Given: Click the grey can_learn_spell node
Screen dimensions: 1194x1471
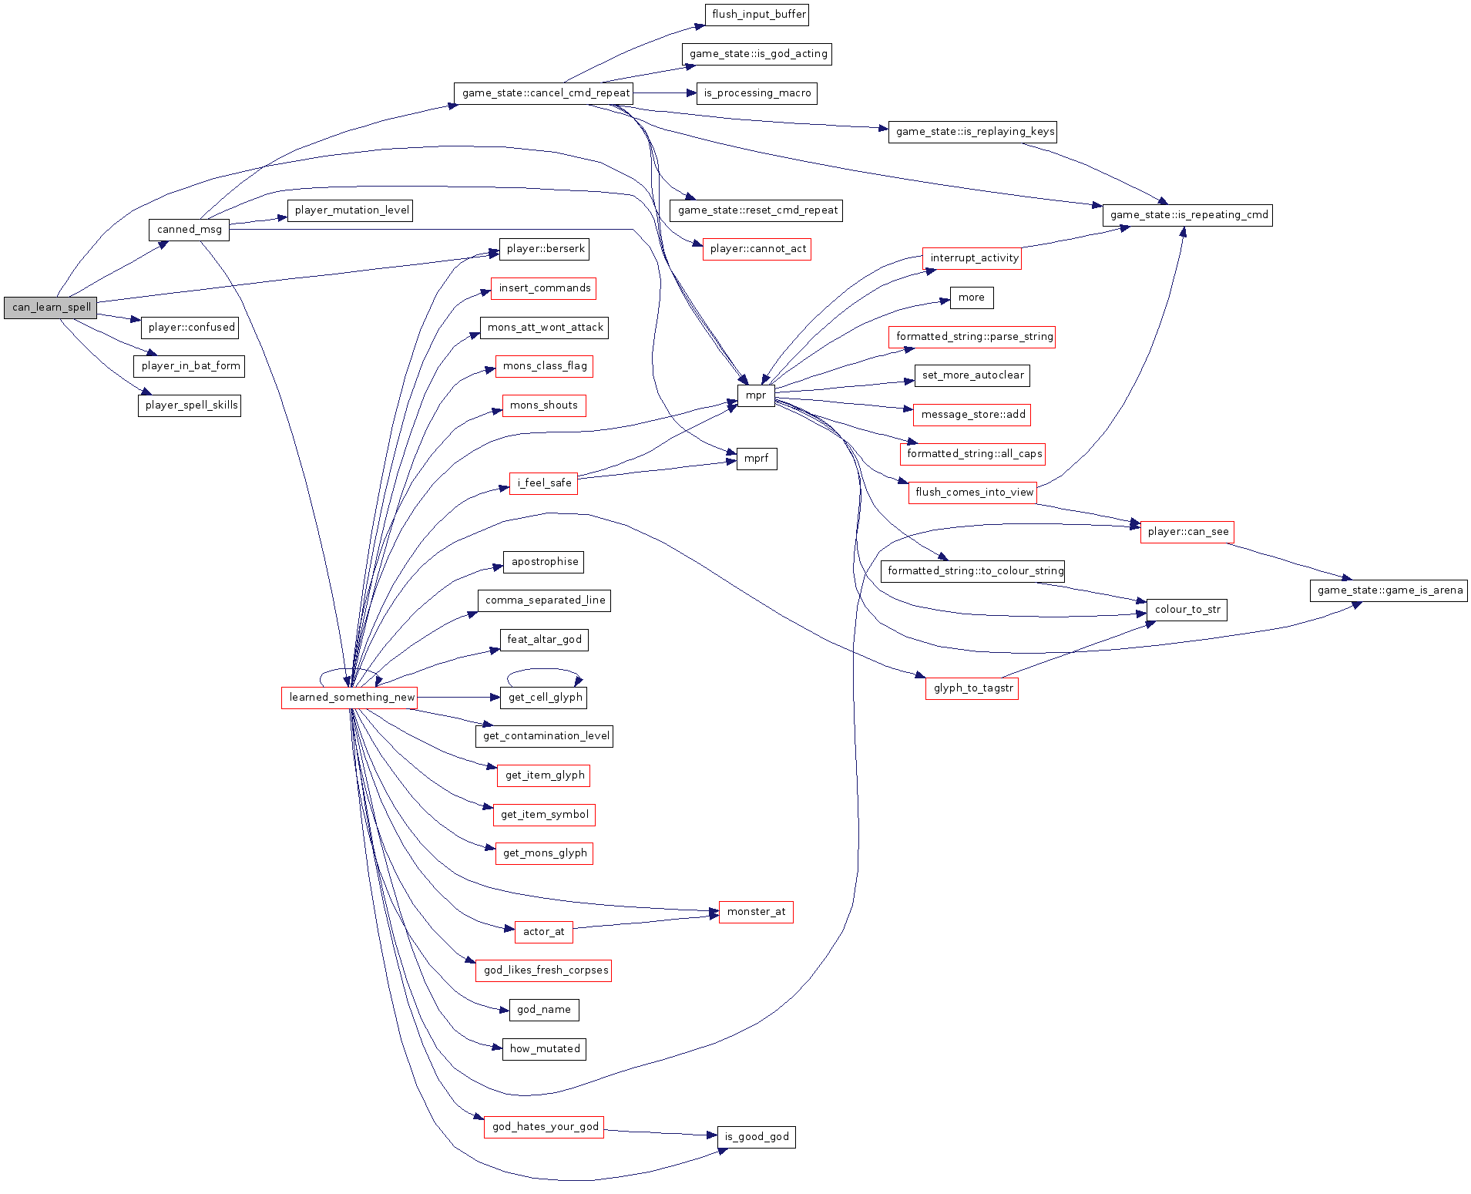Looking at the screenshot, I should (x=51, y=308).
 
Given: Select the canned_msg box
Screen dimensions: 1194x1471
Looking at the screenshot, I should (x=189, y=230).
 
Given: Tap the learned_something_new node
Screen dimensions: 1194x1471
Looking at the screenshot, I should (x=351, y=698).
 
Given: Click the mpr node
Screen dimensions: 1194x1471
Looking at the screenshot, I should (x=755, y=395).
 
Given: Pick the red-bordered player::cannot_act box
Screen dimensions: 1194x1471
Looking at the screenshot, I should (x=757, y=249).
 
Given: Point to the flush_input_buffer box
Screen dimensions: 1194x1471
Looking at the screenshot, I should (x=757, y=15).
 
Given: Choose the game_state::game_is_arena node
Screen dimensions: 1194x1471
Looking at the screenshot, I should (x=1389, y=590).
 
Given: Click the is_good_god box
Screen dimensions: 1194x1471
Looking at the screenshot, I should (x=756, y=1137).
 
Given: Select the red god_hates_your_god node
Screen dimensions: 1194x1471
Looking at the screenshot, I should (x=545, y=1127).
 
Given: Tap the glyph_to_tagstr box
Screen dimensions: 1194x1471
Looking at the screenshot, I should (x=972, y=688).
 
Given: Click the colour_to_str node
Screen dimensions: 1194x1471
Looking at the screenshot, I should (x=1187, y=610).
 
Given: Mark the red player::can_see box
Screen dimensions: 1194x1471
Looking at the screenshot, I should (x=1187, y=532).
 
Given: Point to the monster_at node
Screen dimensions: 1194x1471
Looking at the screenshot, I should (x=756, y=912).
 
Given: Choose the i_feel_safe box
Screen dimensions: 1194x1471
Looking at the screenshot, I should (x=543, y=483).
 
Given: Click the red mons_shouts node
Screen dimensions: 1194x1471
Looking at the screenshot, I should (x=543, y=405).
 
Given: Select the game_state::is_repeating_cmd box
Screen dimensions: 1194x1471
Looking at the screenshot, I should (x=1187, y=215).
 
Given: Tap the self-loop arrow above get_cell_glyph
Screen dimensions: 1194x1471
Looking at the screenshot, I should (x=543, y=670).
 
